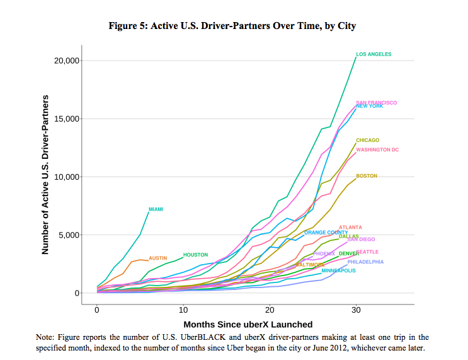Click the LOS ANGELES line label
click(x=374, y=54)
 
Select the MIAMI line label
click(x=156, y=209)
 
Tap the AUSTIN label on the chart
click(x=157, y=258)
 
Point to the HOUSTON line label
click(x=195, y=255)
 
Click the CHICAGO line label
click(x=367, y=140)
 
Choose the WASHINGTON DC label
click(x=377, y=149)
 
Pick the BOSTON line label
click(x=366, y=176)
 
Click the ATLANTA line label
click(x=350, y=227)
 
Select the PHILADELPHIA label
click(x=365, y=261)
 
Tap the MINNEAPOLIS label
click(x=338, y=270)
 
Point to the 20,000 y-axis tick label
click(x=65, y=61)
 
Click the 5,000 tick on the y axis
click(x=67, y=235)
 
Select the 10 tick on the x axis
click(x=183, y=311)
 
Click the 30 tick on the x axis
click(x=356, y=311)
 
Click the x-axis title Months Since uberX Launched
click(x=248, y=324)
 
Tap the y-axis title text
click(x=45, y=175)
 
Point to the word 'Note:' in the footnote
click(x=45, y=339)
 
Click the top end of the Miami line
click(x=149, y=212)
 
